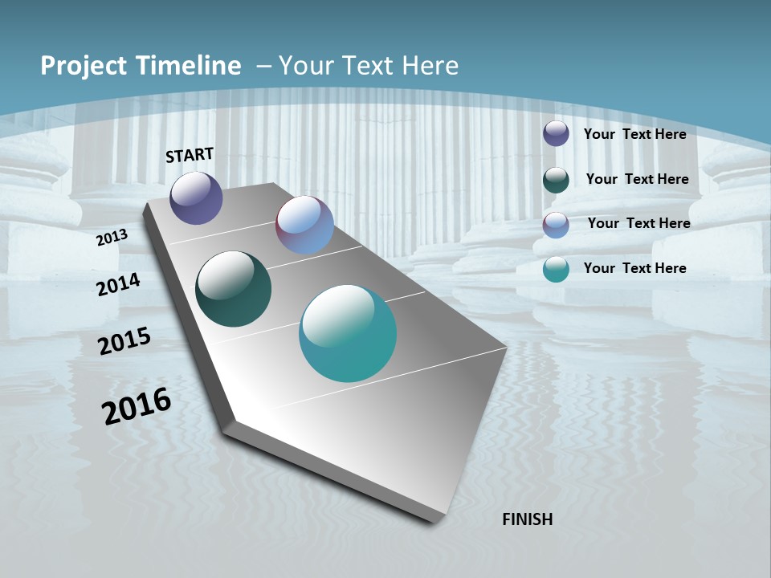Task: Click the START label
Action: pos(190,155)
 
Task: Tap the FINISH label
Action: pos(527,519)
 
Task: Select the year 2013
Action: pos(112,238)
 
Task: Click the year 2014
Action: pos(118,284)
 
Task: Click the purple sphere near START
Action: pos(196,197)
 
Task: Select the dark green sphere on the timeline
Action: pos(233,289)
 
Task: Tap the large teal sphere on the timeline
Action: pos(348,333)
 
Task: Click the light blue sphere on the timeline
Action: pos(304,225)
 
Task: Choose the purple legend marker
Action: pos(556,133)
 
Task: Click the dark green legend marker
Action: pos(556,180)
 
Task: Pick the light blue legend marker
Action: pos(556,225)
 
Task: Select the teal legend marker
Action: pos(556,270)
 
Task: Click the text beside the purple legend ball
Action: pos(634,134)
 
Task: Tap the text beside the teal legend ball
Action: pos(634,268)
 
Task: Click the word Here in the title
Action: pos(430,66)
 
